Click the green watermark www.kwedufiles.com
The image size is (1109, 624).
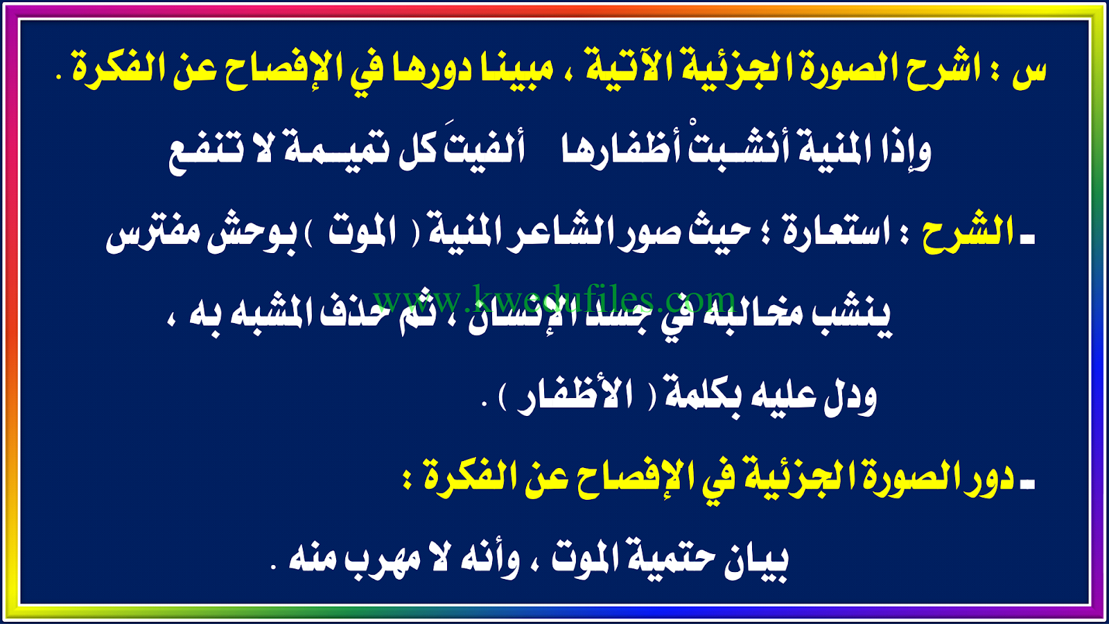pyautogui.click(x=554, y=300)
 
